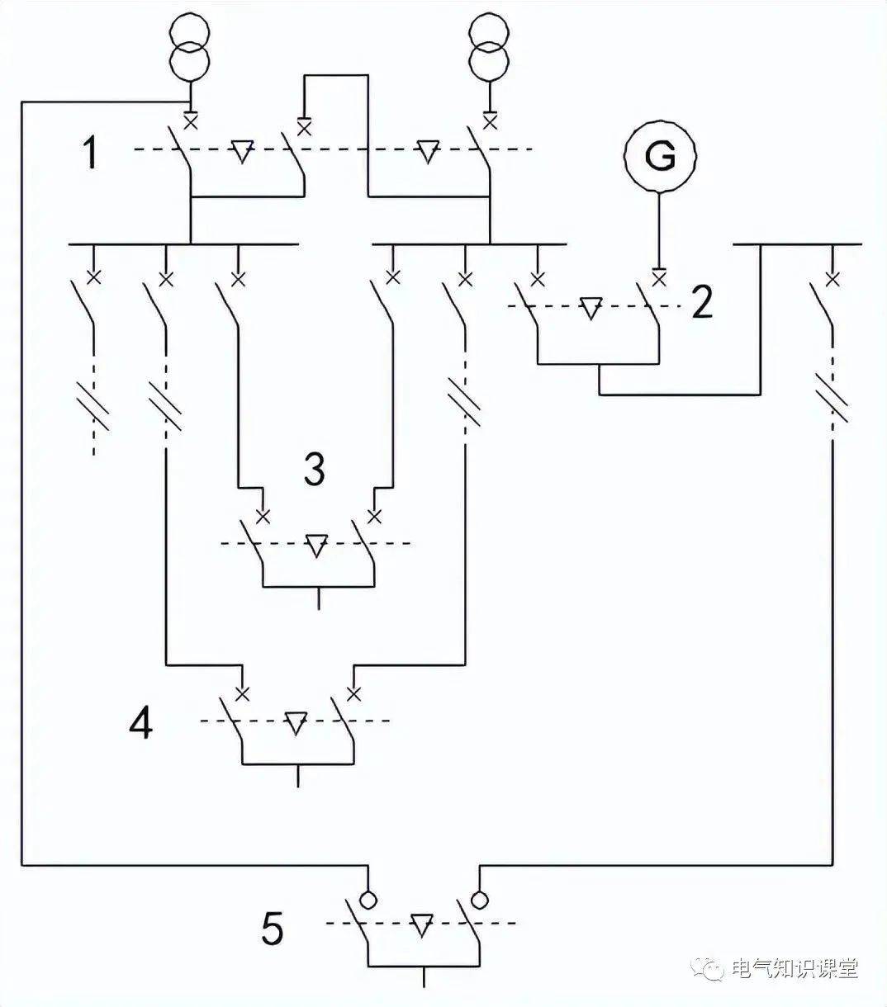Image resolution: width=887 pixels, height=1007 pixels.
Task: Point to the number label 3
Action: (x=315, y=468)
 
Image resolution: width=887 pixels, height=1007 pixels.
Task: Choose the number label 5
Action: (x=273, y=928)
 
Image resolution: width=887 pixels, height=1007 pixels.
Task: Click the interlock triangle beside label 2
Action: (x=591, y=308)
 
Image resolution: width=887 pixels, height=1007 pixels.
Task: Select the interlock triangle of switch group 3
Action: (x=316, y=546)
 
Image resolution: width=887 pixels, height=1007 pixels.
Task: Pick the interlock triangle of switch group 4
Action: (x=296, y=723)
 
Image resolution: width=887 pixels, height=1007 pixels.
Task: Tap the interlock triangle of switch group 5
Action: (x=421, y=925)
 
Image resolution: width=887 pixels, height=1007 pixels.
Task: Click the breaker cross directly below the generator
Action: (x=659, y=279)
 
